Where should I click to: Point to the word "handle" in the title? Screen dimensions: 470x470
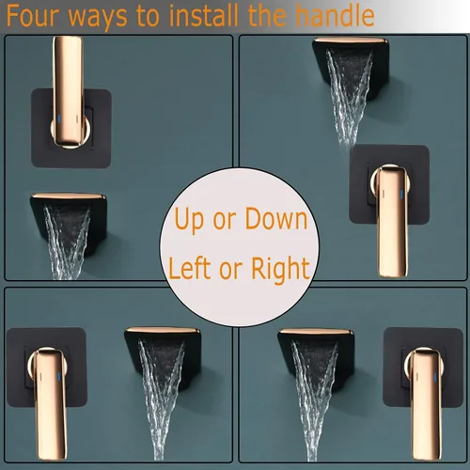(334, 16)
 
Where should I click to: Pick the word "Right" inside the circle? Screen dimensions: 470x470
(280, 269)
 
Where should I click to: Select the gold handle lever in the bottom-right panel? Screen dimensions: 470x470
(424, 385)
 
